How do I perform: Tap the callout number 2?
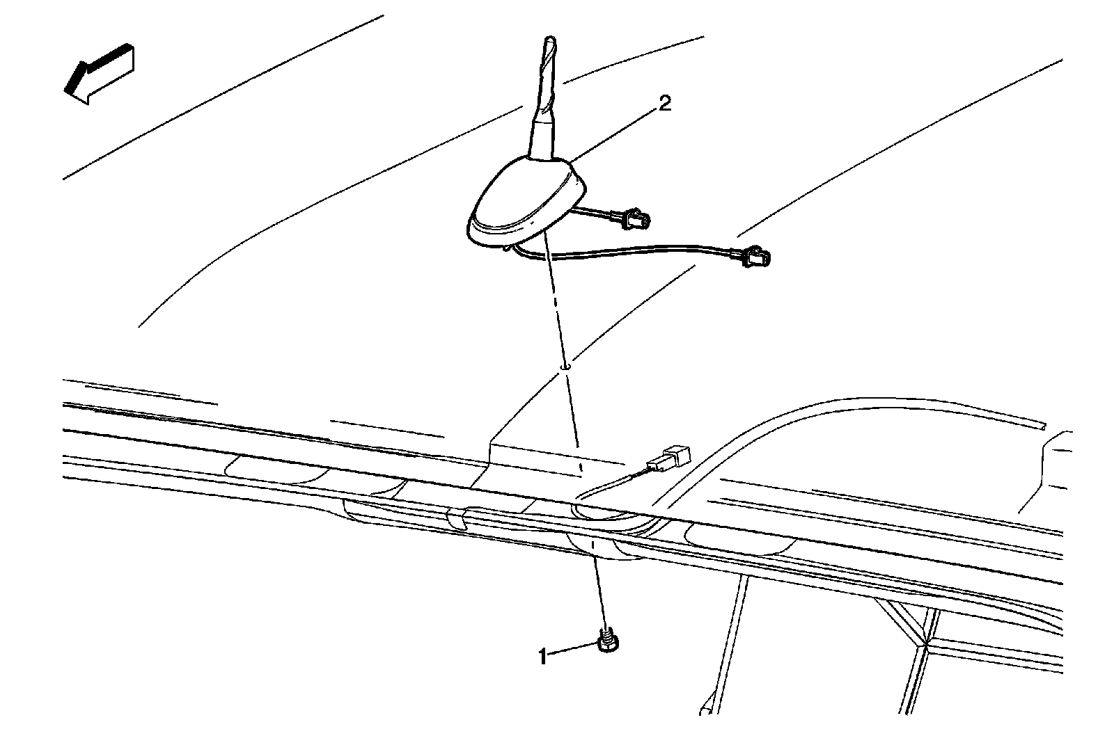point(665,104)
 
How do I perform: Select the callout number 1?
point(542,655)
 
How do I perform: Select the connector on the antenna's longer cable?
point(756,257)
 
